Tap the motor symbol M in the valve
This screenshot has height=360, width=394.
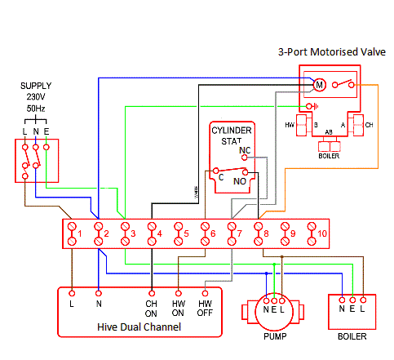point(320,83)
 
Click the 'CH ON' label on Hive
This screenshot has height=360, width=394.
point(152,309)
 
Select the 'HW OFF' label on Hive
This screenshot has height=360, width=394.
point(206,309)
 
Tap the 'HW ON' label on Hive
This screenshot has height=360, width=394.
point(179,309)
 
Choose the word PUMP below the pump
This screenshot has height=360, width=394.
point(274,335)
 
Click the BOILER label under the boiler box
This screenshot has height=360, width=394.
point(352,336)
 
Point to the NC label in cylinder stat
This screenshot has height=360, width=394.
point(244,151)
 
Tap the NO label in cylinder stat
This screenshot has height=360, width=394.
point(240,180)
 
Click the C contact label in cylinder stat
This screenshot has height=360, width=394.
point(219,175)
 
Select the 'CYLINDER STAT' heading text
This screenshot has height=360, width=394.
point(232,136)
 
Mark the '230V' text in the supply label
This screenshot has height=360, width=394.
point(35,96)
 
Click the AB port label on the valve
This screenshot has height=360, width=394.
point(329,131)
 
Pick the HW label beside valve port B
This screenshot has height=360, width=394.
point(290,125)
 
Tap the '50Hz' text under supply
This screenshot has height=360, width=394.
point(35,107)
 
